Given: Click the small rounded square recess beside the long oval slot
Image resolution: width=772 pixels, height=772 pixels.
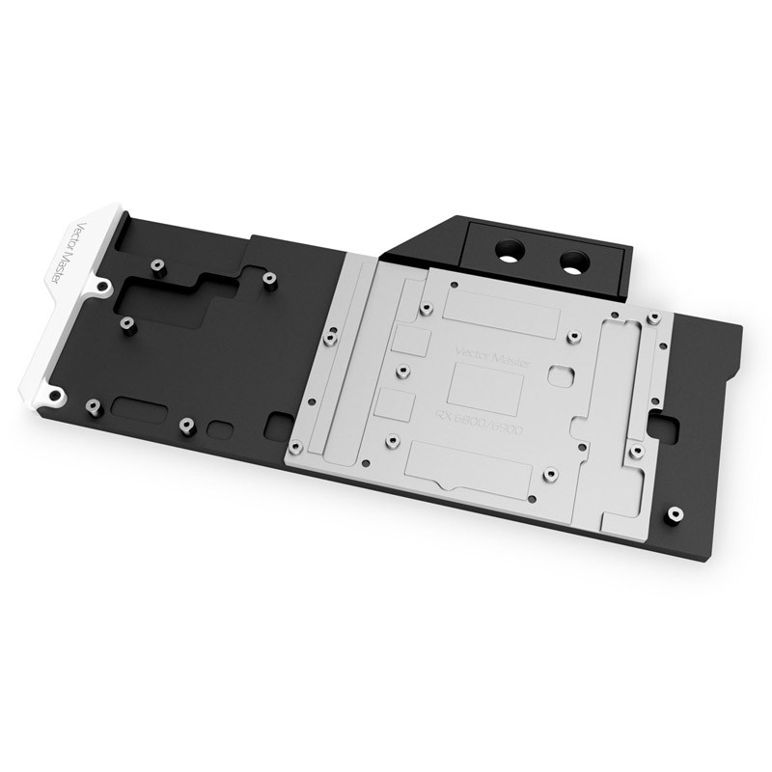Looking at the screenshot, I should tap(222, 427).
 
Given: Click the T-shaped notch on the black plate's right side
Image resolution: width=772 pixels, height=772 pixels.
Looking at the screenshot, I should tap(669, 420).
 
